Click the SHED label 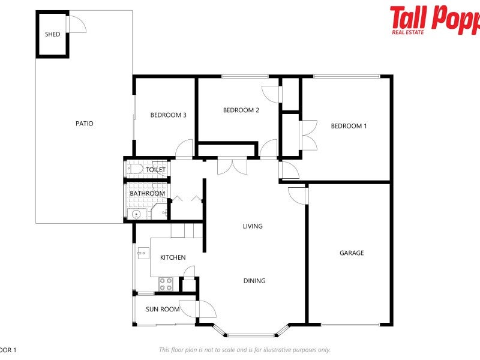pyautogui.click(x=53, y=34)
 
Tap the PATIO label pyautogui.click(x=84, y=124)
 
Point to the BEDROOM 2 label pyautogui.click(x=241, y=110)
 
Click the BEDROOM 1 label pyautogui.click(x=349, y=126)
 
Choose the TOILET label pyautogui.click(x=155, y=170)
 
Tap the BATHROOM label pyautogui.click(x=148, y=193)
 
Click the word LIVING pyautogui.click(x=253, y=226)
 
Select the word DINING pyautogui.click(x=254, y=281)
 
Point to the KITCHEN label pyautogui.click(x=173, y=257)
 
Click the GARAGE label pyautogui.click(x=352, y=253)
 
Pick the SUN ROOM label pyautogui.click(x=163, y=310)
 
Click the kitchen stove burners pyautogui.click(x=166, y=284)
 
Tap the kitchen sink pyautogui.click(x=143, y=254)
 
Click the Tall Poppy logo pyautogui.click(x=434, y=19)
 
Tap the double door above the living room pyautogui.click(x=232, y=166)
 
